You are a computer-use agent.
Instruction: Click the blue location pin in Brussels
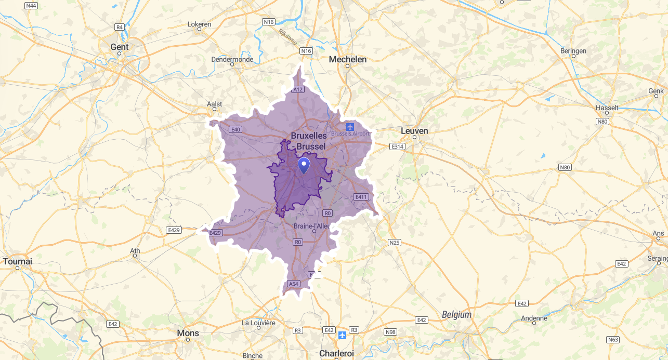pos(304,165)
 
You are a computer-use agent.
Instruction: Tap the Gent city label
pos(120,47)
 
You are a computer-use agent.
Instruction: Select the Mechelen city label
pos(348,59)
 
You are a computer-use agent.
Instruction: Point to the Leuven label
pos(414,131)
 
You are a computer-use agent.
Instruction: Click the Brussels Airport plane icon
pos(350,127)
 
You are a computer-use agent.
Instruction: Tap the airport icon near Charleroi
pos(342,335)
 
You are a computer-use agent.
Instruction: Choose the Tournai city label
pos(17,261)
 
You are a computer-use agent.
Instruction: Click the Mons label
pos(188,332)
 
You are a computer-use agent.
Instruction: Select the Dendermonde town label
pos(232,59)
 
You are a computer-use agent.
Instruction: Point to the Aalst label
pos(214,104)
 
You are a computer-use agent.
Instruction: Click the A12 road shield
pos(297,90)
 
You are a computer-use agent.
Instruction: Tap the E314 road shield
pos(398,146)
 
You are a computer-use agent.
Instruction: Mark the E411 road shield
pos(361,197)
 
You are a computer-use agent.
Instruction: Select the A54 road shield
pos(294,284)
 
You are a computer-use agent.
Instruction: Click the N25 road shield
pos(395,243)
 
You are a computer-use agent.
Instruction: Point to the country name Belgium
pos(456,314)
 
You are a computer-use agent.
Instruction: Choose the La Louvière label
pos(258,323)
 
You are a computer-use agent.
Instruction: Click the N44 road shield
pos(31,5)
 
